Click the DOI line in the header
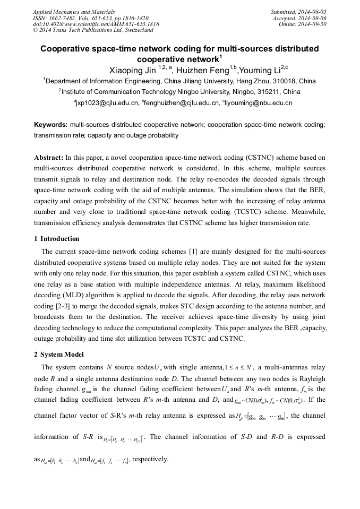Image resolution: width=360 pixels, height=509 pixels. [x=96, y=24]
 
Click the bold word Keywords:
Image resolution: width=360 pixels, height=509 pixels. [x=50, y=125]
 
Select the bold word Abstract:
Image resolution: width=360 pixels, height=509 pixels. [x=48, y=158]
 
